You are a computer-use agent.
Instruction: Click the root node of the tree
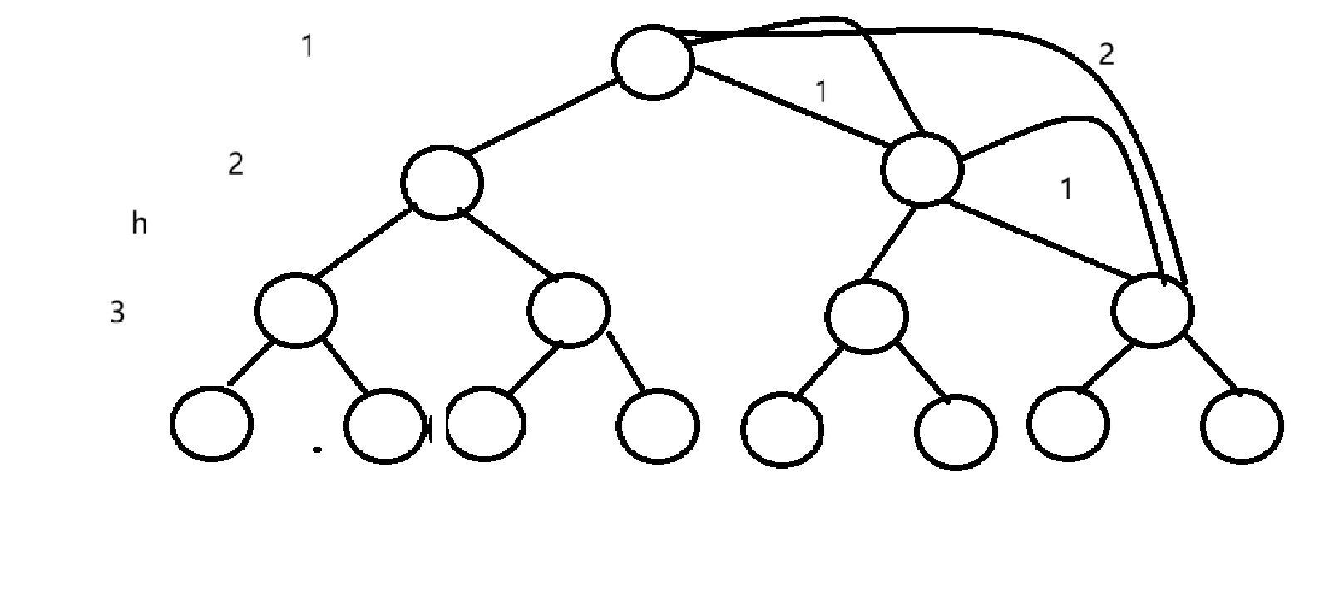(653, 61)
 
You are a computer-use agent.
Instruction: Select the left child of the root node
(442, 182)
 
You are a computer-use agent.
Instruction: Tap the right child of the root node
(921, 169)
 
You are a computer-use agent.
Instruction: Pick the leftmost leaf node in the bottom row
(211, 424)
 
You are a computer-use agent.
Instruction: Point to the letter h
(140, 223)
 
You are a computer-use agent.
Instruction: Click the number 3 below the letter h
(117, 312)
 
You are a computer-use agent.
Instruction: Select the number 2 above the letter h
(235, 165)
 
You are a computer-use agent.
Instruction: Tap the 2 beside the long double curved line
(1106, 55)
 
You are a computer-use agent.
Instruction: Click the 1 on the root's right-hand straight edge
(822, 91)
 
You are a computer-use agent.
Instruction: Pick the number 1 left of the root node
(308, 47)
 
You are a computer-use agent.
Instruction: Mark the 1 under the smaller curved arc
(1066, 189)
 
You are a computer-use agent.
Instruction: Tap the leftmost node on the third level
(297, 310)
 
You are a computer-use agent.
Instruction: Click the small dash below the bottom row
(317, 450)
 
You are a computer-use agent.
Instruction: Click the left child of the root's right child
(866, 317)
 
